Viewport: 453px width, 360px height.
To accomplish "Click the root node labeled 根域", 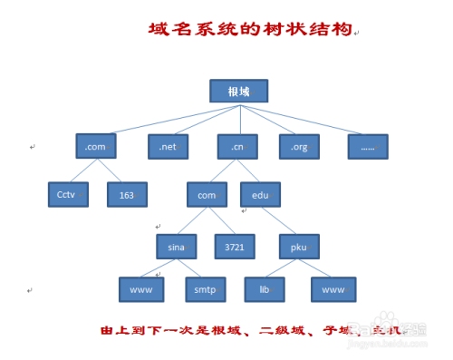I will [239, 92].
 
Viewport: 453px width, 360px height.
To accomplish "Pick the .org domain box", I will [298, 145].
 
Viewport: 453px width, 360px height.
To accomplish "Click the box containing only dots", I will [368, 145].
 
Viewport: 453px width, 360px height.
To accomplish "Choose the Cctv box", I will [67, 194].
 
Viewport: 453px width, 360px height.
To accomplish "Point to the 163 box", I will [127, 194].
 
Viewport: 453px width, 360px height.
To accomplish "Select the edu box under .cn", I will [261, 194].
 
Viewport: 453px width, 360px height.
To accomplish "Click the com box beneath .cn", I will [207, 194].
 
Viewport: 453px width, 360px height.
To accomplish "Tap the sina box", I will [177, 245].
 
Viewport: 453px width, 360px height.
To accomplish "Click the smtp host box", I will [203, 290].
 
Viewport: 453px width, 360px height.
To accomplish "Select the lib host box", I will [265, 290].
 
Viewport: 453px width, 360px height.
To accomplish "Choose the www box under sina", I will [141, 290].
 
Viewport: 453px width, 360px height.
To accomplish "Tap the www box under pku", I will [333, 290].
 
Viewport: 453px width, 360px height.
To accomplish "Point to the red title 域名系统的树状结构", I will [249, 30].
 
